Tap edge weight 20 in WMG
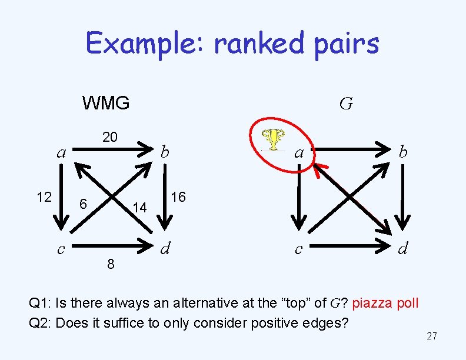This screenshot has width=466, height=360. point(109,137)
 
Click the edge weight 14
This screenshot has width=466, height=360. point(139,207)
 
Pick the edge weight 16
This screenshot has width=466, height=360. point(178,196)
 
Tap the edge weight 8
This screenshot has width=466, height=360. point(111,264)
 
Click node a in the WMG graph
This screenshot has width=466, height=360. point(61,153)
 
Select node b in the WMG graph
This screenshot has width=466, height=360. point(165,152)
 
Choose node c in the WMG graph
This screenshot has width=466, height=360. point(61,249)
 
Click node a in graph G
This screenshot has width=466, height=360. point(299,153)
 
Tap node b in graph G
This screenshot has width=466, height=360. point(403,152)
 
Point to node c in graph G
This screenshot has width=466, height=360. point(299,249)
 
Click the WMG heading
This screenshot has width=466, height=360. point(106,104)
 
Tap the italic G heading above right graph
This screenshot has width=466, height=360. point(346,104)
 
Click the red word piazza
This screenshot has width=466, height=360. point(375,304)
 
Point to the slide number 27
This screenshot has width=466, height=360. point(432,336)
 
